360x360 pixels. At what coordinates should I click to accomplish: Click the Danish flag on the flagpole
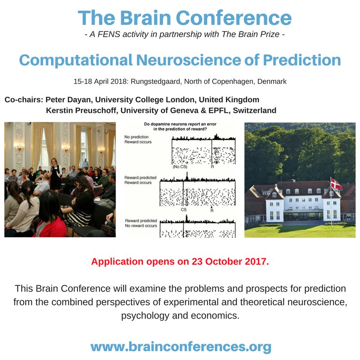[x=336, y=184]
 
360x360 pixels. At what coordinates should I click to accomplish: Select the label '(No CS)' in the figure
[x=179, y=167]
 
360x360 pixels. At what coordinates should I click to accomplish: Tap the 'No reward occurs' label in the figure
[x=141, y=226]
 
